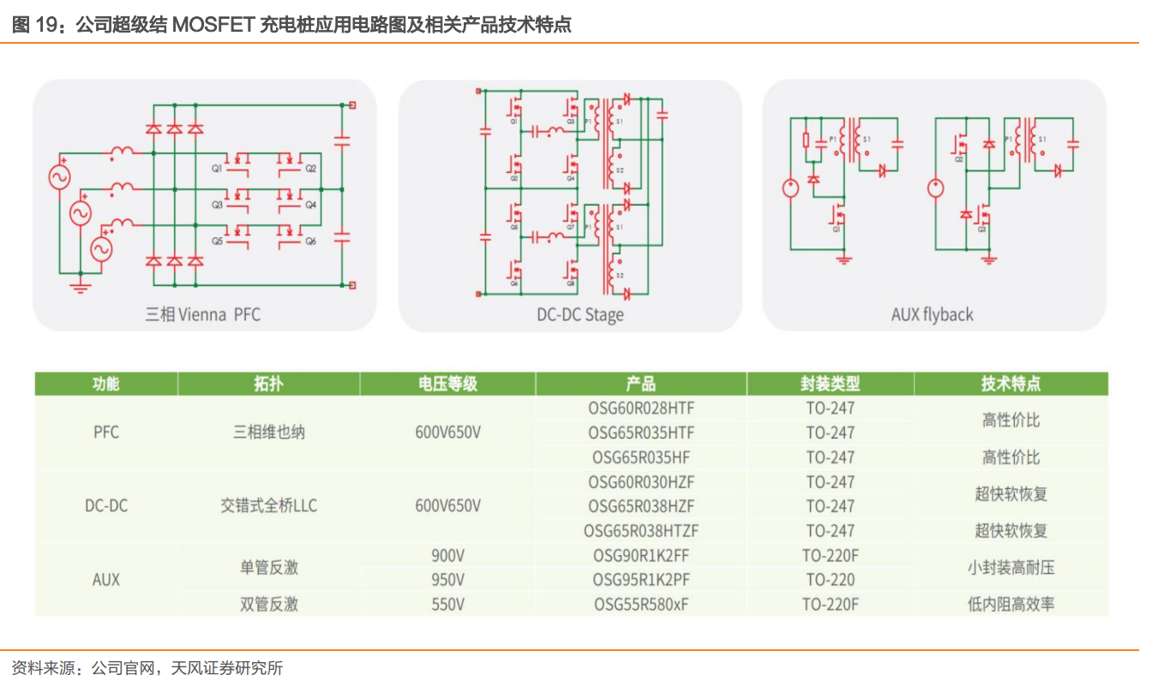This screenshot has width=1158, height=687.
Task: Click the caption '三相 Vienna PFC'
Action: (x=202, y=314)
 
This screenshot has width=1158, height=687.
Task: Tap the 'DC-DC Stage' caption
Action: (x=580, y=314)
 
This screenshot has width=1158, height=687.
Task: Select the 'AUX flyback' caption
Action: (x=932, y=314)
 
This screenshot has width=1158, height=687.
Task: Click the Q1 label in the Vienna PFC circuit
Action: (x=217, y=169)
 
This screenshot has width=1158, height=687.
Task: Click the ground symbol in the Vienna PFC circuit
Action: (x=81, y=285)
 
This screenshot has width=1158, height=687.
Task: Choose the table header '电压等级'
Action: (x=447, y=384)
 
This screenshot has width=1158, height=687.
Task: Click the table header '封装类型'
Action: (x=830, y=384)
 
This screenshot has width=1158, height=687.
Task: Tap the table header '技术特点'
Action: (x=1011, y=384)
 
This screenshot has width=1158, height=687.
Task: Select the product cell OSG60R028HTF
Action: (x=641, y=408)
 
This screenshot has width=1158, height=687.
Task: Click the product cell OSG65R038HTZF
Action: (x=641, y=531)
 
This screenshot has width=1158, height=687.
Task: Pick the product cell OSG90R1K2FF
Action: (x=641, y=555)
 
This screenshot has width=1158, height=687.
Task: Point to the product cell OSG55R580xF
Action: (x=641, y=605)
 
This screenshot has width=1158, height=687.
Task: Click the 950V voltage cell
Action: (x=447, y=580)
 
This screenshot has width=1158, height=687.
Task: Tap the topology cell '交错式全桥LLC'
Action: (x=268, y=506)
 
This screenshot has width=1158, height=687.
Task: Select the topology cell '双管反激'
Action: (x=268, y=605)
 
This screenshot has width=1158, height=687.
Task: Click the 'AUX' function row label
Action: (x=106, y=580)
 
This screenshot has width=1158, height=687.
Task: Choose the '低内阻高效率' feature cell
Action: (x=1011, y=605)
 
